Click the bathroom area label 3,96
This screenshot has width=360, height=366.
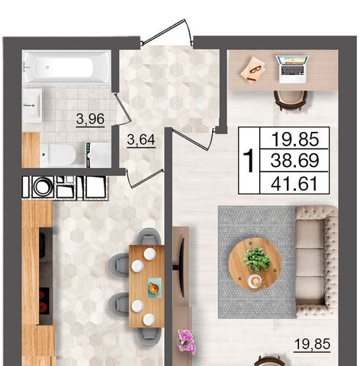(90, 119)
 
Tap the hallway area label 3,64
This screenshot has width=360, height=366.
(141, 140)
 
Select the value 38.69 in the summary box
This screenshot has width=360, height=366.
(294, 160)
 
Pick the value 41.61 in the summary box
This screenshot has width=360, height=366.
(294, 184)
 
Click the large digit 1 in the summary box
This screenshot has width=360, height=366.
(249, 161)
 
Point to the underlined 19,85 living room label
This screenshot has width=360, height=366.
(312, 345)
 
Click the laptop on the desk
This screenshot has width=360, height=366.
(292, 69)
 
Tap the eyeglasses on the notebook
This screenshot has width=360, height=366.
(255, 69)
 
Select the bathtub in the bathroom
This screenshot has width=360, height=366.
(66, 67)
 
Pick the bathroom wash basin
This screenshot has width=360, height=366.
(32, 105)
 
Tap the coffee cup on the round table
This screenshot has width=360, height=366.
(255, 281)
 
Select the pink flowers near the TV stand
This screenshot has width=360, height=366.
(187, 342)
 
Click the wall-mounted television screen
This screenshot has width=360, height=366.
(182, 267)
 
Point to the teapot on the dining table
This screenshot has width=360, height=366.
(155, 287)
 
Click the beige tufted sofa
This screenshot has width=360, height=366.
(317, 262)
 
